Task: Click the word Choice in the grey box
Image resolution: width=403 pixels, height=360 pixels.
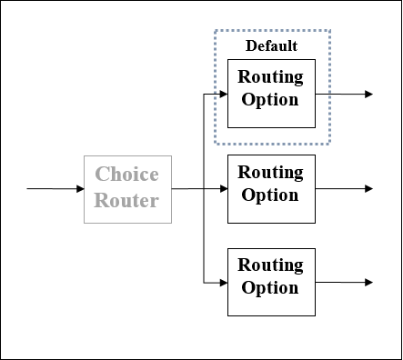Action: [x=127, y=175]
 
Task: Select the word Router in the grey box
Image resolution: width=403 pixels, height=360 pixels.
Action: [x=127, y=200]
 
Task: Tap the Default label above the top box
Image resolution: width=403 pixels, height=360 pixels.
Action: [x=271, y=45]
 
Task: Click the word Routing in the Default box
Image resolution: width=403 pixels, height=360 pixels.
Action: [x=270, y=76]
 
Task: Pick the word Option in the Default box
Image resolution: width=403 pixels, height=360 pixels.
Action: [x=270, y=99]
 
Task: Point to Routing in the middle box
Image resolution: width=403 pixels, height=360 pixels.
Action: [x=270, y=172]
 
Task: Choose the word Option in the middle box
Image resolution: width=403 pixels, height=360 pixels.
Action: [x=270, y=195]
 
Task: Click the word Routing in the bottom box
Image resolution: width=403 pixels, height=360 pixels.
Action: [x=270, y=265]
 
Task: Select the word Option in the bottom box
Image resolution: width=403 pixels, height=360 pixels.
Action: [x=270, y=288]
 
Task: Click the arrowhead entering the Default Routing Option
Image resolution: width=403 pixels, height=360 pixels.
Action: [x=222, y=94]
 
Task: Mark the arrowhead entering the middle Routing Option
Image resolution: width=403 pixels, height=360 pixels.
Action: [x=222, y=189]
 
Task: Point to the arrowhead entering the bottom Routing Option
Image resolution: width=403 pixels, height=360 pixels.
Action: [x=222, y=283]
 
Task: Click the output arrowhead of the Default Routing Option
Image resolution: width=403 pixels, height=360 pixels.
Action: [x=368, y=94]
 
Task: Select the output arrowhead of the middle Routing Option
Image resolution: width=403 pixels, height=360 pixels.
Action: [x=368, y=189]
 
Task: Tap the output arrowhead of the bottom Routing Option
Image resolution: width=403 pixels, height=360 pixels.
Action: [x=368, y=283]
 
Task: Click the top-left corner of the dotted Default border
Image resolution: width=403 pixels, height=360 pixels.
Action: [x=216, y=31]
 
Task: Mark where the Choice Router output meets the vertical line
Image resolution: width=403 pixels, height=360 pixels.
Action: [x=202, y=189]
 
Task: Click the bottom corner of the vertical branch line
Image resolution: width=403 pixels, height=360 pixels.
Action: [x=202, y=283]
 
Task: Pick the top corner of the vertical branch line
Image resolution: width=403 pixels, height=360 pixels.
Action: [x=202, y=94]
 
